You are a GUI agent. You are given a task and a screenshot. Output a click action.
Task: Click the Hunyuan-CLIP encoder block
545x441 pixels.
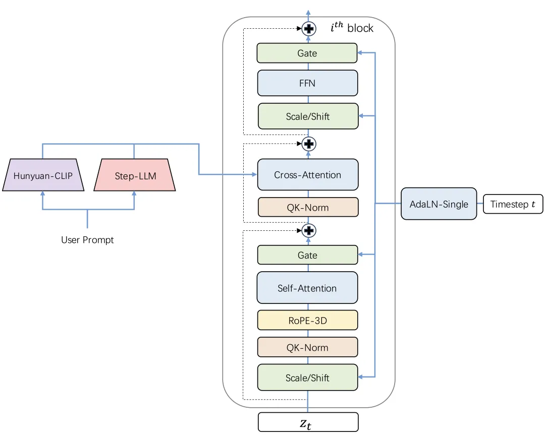43,175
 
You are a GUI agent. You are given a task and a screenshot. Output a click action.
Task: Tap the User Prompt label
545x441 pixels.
87,240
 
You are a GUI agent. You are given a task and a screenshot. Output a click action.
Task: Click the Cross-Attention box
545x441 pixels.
308,175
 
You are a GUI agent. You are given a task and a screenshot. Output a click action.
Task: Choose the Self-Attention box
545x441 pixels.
307,288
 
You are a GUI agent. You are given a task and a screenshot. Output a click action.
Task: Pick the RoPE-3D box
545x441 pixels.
307,320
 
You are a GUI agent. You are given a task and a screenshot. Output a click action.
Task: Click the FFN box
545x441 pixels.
307,83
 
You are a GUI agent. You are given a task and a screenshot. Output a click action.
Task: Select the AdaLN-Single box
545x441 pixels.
439,204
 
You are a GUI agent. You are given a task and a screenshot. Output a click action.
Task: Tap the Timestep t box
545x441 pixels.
513,204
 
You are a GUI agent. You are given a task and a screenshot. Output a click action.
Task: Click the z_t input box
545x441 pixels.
308,422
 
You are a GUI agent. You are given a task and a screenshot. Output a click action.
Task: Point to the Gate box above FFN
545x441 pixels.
307,53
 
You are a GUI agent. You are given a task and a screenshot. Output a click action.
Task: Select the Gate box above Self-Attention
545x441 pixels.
307,255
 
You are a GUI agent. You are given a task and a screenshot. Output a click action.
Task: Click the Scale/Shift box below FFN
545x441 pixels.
308,116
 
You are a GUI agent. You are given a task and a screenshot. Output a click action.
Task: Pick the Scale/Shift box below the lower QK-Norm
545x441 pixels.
307,377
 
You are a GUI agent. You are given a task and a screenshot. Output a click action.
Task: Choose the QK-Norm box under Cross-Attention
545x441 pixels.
308,207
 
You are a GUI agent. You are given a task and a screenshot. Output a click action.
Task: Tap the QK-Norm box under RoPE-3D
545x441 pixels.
307,347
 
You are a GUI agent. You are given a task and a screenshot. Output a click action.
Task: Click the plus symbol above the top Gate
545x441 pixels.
309,29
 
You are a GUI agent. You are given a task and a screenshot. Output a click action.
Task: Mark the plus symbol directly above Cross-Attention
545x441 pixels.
309,144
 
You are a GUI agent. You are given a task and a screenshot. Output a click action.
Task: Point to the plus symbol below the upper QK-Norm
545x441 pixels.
309,231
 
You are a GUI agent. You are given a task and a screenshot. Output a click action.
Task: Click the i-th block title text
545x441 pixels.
352,28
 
